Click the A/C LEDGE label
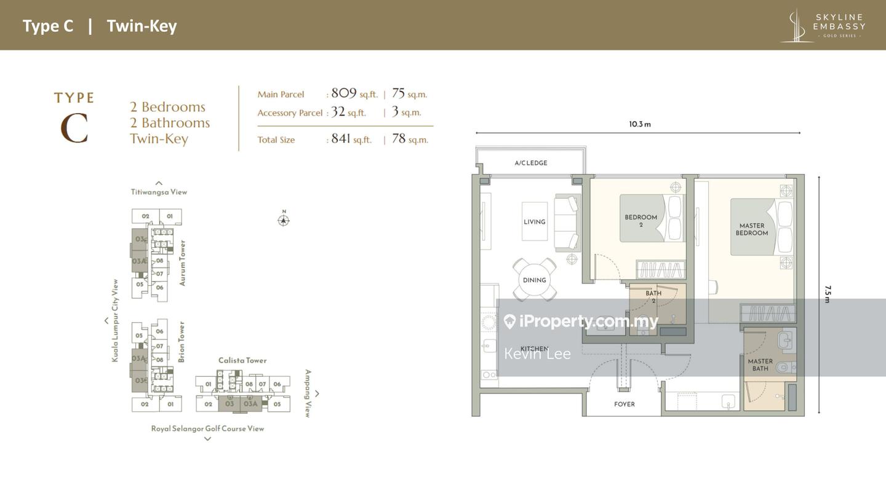530,163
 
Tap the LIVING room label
534,222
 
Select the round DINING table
534,280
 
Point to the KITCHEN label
534,349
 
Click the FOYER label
624,404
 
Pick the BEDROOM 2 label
641,221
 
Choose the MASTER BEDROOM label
751,229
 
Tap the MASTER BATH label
760,365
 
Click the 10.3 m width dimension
639,124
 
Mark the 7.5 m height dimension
828,294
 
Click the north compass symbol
283,219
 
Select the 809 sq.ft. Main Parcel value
354,93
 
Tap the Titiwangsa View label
159,192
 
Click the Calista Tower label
242,360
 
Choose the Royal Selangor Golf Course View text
207,429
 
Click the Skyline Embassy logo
823,26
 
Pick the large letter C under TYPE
74,128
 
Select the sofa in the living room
567,222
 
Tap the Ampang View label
308,393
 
